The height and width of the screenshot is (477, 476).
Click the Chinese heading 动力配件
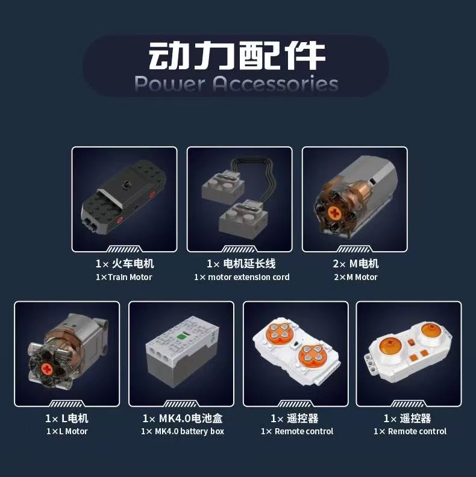pyautogui.click(x=237, y=56)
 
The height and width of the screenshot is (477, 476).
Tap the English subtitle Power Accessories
pyautogui.click(x=236, y=83)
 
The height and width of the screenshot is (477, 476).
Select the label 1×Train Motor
pyautogui.click(x=124, y=277)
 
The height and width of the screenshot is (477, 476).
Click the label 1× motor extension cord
pyautogui.click(x=242, y=277)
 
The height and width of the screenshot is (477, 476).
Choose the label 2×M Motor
pyautogui.click(x=355, y=277)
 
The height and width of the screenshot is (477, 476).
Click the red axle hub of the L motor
pyautogui.click(x=47, y=369)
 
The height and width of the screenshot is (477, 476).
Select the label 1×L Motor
pyautogui.click(x=67, y=431)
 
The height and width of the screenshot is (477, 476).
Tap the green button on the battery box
pyautogui.click(x=181, y=337)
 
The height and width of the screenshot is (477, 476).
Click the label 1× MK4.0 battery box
pyautogui.click(x=183, y=431)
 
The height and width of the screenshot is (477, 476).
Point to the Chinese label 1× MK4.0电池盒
pyautogui.click(x=183, y=419)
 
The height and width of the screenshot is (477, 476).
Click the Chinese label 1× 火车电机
pyautogui.click(x=125, y=263)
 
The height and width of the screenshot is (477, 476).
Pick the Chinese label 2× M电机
pyautogui.click(x=355, y=263)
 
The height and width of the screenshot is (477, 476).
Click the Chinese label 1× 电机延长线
pyautogui.click(x=241, y=263)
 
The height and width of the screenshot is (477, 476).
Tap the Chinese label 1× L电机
pyautogui.click(x=67, y=419)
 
